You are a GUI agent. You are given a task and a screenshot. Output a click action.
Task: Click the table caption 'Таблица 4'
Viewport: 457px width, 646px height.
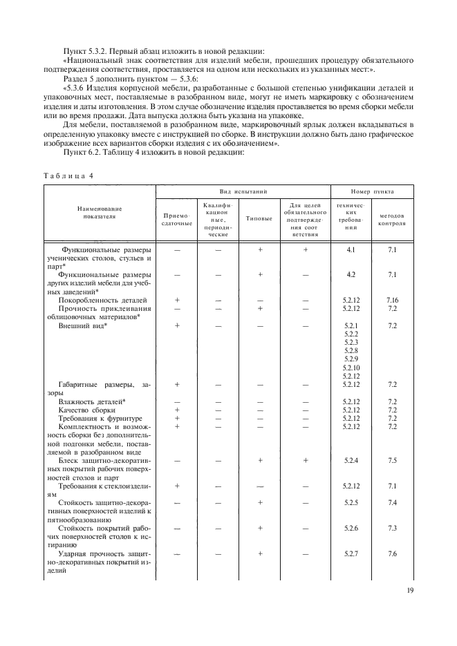[x=68, y=175]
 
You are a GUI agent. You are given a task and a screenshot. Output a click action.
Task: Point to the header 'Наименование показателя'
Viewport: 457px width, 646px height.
[x=100, y=212]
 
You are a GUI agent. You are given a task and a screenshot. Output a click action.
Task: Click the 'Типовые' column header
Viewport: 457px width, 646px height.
[x=259, y=219]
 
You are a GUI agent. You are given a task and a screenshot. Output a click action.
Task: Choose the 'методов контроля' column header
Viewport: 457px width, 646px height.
[x=393, y=219]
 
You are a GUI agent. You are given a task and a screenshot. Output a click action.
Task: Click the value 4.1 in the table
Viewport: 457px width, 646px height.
[x=351, y=249]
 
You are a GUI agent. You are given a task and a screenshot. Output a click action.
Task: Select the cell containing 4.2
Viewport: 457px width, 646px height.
[x=351, y=275]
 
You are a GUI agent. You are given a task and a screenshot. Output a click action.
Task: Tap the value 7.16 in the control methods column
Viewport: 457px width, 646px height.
[x=393, y=301]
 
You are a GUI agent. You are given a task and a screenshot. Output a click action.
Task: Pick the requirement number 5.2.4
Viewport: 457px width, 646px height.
[x=351, y=459]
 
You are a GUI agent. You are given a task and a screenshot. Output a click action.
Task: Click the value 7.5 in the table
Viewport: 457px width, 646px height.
[x=393, y=459]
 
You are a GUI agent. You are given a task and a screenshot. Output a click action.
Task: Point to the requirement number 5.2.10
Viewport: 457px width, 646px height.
[x=351, y=368]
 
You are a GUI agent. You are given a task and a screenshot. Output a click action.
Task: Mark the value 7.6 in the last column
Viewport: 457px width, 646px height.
[x=393, y=553]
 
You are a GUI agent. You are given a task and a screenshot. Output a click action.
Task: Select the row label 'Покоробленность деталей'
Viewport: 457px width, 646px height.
[x=102, y=301]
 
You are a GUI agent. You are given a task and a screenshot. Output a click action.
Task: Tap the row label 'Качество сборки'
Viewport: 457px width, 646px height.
[x=86, y=410]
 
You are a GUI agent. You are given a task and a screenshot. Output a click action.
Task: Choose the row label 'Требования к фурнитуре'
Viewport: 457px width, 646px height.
[x=100, y=418]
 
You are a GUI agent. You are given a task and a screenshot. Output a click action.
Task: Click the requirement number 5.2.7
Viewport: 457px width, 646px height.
[x=351, y=553]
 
